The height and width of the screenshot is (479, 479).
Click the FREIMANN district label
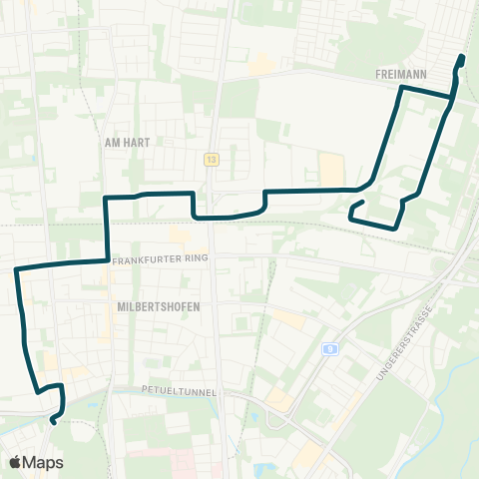[x=403, y=74]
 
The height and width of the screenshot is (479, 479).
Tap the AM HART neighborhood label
[x=127, y=143]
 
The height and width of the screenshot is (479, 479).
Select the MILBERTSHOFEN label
[x=158, y=306]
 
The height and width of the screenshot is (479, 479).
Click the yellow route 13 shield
[x=212, y=159]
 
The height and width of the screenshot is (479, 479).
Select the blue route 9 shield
[x=329, y=348]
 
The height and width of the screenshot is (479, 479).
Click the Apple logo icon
[x=15, y=462]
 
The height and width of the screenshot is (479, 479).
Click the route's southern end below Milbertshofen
[x=52, y=420]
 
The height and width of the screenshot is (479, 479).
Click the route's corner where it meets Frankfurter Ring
[x=107, y=259]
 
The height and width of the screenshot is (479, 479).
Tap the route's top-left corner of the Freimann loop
[x=401, y=88]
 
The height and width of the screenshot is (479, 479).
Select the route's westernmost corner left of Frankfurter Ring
[x=15, y=269]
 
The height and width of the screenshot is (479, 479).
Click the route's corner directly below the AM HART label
[x=108, y=198]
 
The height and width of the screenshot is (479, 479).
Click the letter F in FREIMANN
[x=380, y=74]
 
